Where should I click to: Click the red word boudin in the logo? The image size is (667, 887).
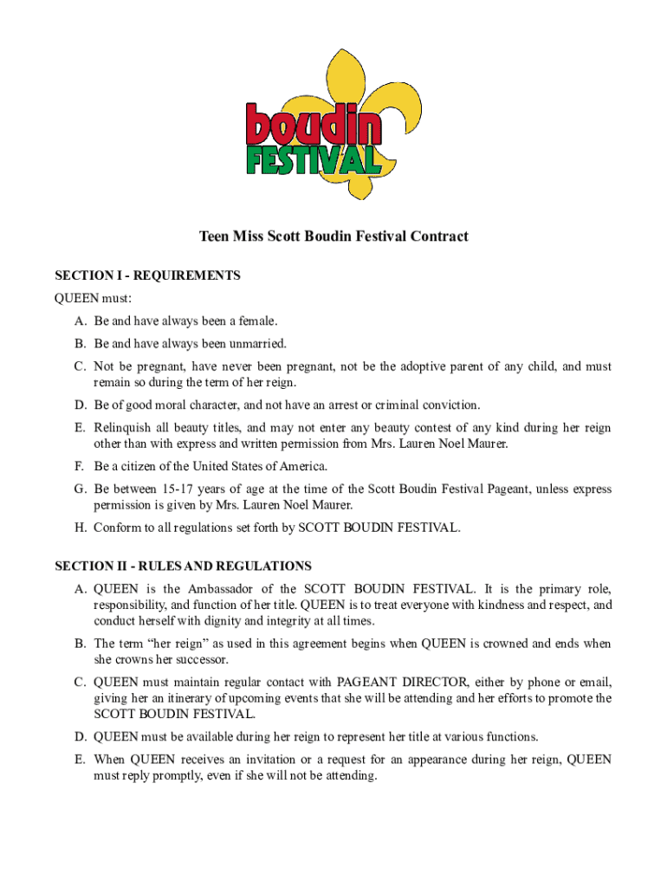313,126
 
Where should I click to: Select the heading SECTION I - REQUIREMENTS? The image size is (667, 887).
148,275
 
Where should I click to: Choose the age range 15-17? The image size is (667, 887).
178,489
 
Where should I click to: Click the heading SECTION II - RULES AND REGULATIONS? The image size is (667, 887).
184,566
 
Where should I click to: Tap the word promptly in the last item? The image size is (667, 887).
179,776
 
